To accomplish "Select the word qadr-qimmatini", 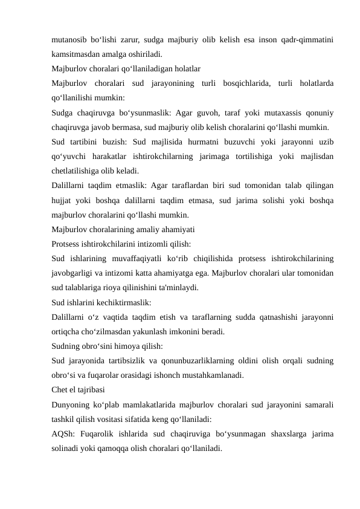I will click(309, 40).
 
